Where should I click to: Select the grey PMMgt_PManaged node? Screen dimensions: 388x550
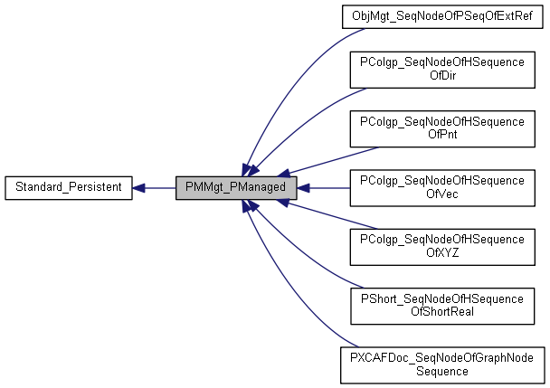(x=237, y=188)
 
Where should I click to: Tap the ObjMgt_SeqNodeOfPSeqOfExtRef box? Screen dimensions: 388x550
(x=442, y=15)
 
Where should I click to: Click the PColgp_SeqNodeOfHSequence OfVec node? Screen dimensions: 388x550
(x=442, y=188)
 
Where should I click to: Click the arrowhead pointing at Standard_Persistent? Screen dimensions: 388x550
(x=139, y=188)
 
